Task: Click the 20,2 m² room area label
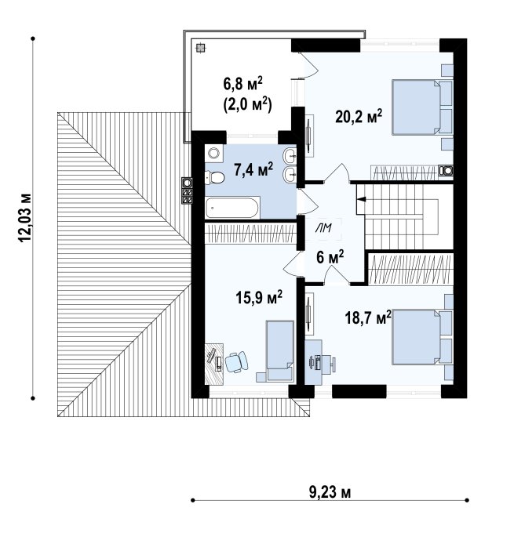[x=359, y=116]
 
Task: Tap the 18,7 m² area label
[x=368, y=317]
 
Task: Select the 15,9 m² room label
[x=259, y=297]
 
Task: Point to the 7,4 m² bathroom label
[x=253, y=169]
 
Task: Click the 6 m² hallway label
[x=330, y=257]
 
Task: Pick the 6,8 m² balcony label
[x=242, y=84]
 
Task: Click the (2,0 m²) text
[x=247, y=104]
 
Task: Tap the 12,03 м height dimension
[x=25, y=218]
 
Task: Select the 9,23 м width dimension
[x=330, y=492]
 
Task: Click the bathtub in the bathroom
[x=232, y=208]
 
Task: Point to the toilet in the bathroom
[x=215, y=178]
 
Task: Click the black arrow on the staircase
[x=362, y=199]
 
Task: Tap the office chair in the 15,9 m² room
[x=236, y=362]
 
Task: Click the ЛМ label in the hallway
[x=323, y=228]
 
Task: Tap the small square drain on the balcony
[x=200, y=48]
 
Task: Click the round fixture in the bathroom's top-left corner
[x=213, y=153]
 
